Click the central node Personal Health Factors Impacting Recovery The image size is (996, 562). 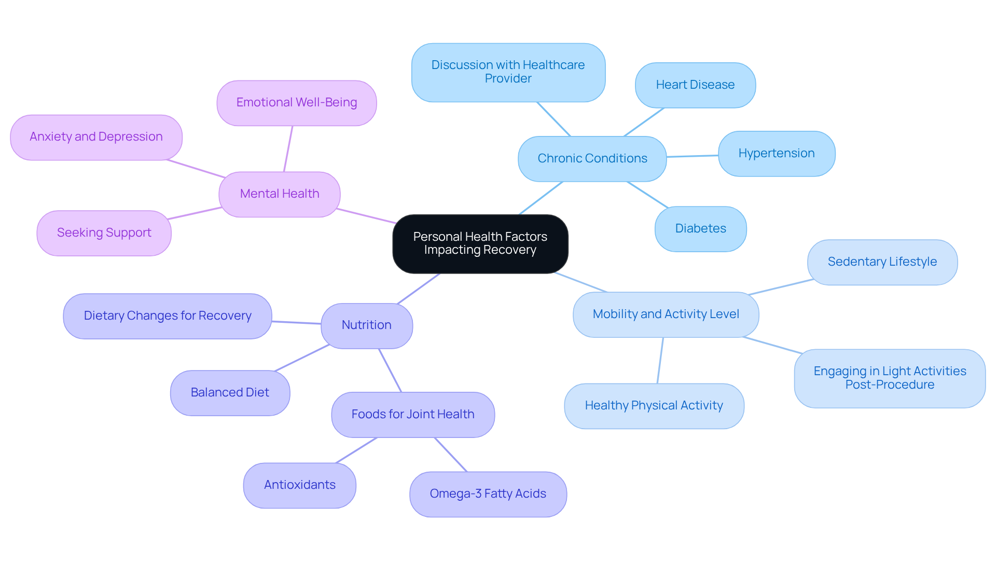pos(480,243)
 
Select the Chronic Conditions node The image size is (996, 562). pos(592,158)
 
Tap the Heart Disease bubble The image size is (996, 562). pos(695,85)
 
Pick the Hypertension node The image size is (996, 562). pos(776,153)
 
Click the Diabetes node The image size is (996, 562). pos(700,228)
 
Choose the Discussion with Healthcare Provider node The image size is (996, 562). pos(508,72)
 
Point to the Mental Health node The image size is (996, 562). pos(279,194)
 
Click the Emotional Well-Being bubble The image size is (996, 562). pos(296,102)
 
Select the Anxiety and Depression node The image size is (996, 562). pos(96,136)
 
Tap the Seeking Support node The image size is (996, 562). pos(104,232)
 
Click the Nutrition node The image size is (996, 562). pos(366,325)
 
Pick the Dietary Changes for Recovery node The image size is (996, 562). pos(167,316)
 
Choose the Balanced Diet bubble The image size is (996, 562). pos(229,392)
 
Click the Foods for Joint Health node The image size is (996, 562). pos(412,414)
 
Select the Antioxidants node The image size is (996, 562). pos(299,485)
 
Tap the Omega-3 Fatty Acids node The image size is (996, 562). pos(488,494)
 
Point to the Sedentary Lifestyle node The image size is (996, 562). pos(882,262)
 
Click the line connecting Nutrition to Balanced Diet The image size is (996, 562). pos(302,358)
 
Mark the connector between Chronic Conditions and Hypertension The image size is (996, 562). pos(692,156)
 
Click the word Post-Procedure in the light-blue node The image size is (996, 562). pos(890,385)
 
